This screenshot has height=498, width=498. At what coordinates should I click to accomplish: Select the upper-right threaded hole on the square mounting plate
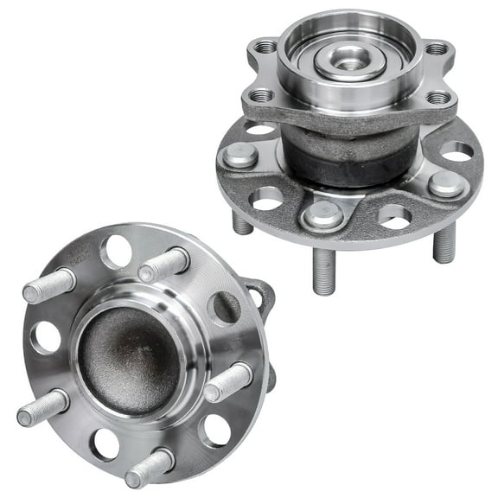tap(438, 48)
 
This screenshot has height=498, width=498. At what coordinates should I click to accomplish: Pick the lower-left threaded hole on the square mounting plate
tap(260, 95)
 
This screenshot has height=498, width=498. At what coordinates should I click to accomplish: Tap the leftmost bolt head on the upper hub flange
tap(238, 157)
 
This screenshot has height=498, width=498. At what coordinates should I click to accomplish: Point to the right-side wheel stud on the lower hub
tap(229, 380)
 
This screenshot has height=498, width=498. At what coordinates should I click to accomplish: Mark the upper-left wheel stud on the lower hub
tap(48, 286)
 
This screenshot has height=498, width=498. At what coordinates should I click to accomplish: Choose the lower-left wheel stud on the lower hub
tap(41, 407)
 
